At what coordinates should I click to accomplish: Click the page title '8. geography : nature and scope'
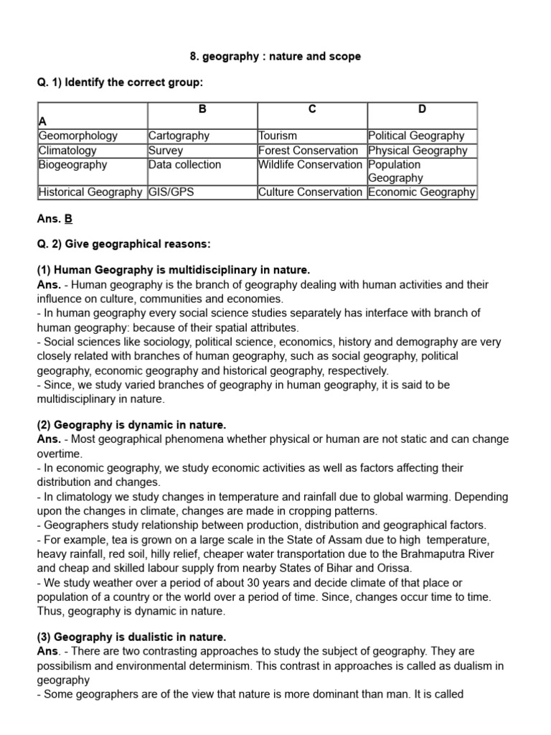click(275, 56)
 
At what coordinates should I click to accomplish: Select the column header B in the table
click(202, 109)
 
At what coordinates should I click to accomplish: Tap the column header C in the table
click(312, 109)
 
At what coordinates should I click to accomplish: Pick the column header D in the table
click(422, 109)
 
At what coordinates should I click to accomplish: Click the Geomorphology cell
click(78, 136)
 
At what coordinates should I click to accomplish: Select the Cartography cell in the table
click(179, 136)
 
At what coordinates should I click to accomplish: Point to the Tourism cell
click(278, 136)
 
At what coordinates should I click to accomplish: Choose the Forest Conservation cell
click(308, 151)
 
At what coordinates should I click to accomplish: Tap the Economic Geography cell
click(421, 192)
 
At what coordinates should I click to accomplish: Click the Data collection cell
click(184, 164)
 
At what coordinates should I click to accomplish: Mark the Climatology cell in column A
click(67, 151)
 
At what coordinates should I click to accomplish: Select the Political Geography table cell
click(416, 136)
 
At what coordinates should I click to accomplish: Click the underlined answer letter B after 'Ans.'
click(69, 219)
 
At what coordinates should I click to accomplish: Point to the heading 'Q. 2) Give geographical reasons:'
click(123, 244)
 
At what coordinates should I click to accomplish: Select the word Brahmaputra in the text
click(433, 553)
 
